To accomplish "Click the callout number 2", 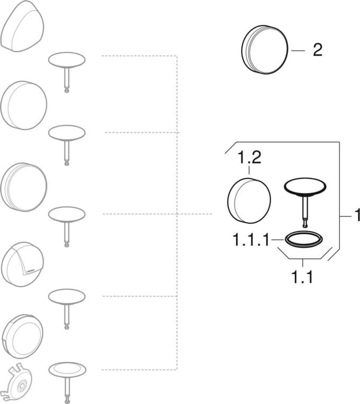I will [317, 50].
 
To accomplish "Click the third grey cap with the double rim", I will [24, 186].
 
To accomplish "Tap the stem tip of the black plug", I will [305, 224].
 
